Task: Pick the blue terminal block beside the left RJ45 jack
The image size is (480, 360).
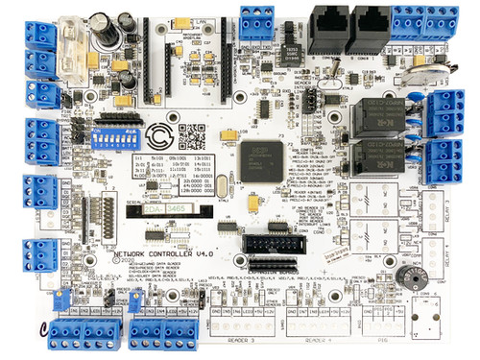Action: (258, 18)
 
